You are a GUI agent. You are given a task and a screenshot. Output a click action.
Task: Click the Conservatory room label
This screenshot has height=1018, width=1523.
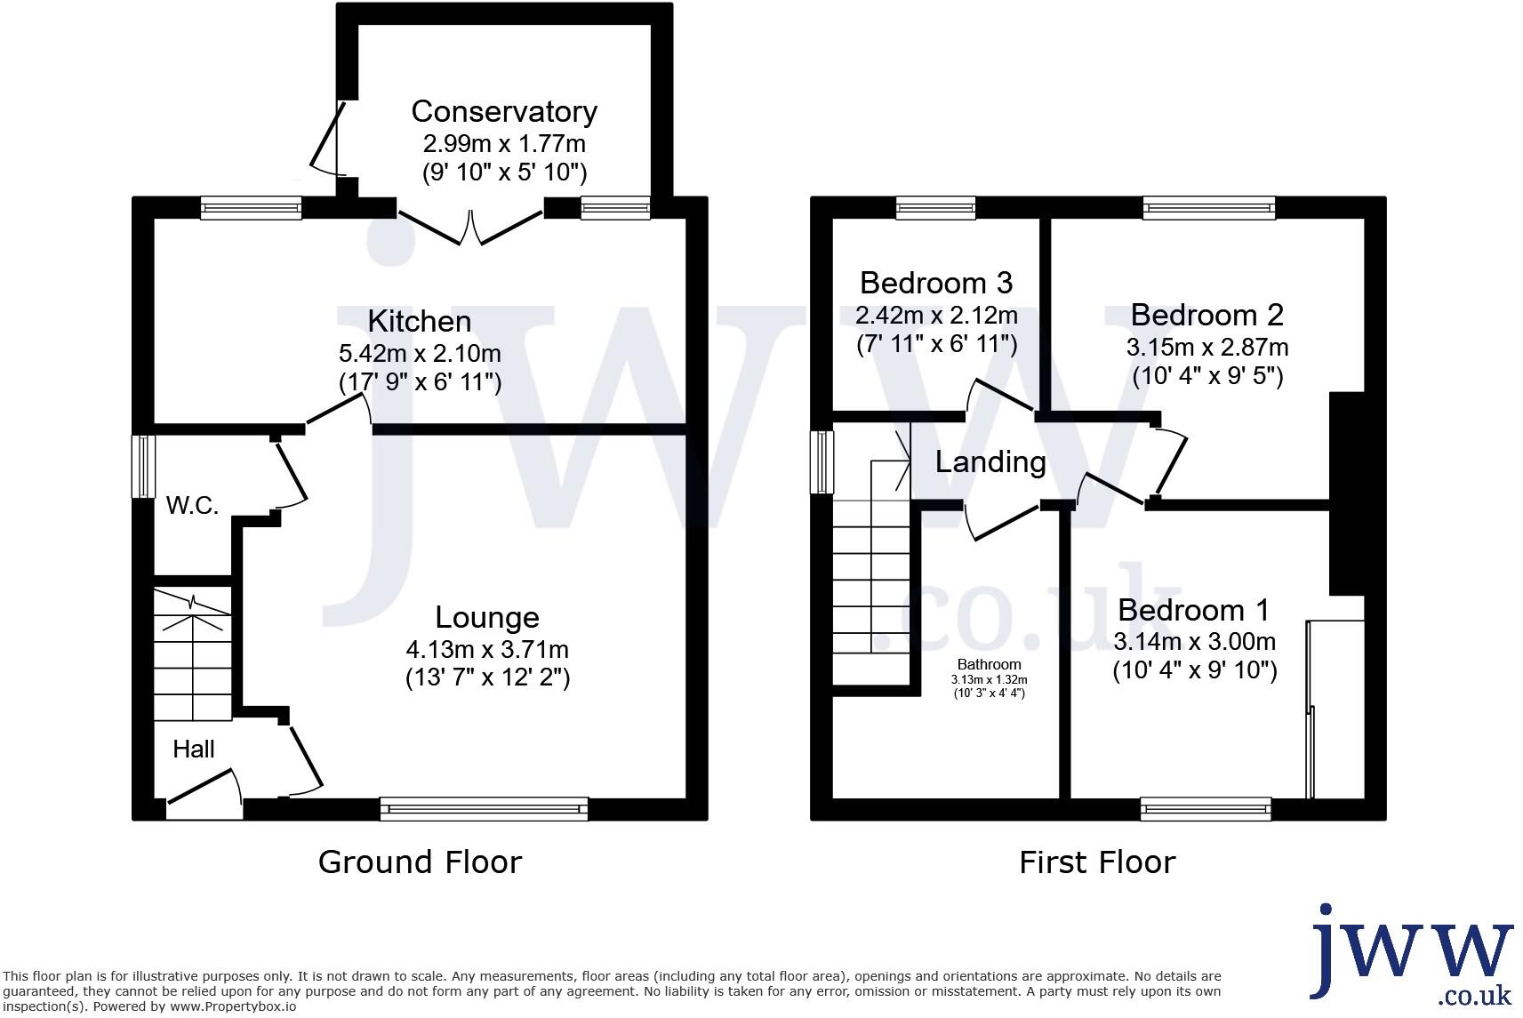503,112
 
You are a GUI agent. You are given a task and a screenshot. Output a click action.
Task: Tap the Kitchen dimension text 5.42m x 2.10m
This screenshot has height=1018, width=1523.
420,353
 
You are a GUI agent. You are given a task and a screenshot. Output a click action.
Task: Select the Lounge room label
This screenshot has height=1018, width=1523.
487,617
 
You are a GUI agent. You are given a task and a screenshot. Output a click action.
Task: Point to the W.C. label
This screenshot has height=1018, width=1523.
193,506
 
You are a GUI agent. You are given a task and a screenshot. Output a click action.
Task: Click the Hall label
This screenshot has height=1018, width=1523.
194,749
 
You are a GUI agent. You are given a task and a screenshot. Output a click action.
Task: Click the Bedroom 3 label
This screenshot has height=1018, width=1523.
936,283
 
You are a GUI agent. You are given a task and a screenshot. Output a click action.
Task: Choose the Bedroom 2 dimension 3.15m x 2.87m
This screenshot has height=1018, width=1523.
1207,347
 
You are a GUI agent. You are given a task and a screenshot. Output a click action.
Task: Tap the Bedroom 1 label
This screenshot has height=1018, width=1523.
1193,610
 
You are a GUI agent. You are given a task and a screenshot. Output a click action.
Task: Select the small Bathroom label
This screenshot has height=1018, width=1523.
989,664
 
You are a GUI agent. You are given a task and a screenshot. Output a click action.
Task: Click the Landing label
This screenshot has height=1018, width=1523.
990,462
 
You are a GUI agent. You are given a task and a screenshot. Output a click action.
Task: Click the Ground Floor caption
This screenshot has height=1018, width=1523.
420,862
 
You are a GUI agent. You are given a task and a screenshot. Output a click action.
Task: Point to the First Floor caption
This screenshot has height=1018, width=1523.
1097,862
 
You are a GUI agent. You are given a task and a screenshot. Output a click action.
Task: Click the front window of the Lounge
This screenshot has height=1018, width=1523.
484,808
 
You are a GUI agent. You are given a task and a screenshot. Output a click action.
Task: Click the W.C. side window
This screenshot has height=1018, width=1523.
142,466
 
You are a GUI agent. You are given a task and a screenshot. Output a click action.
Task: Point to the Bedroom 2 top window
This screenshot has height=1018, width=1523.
1209,208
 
